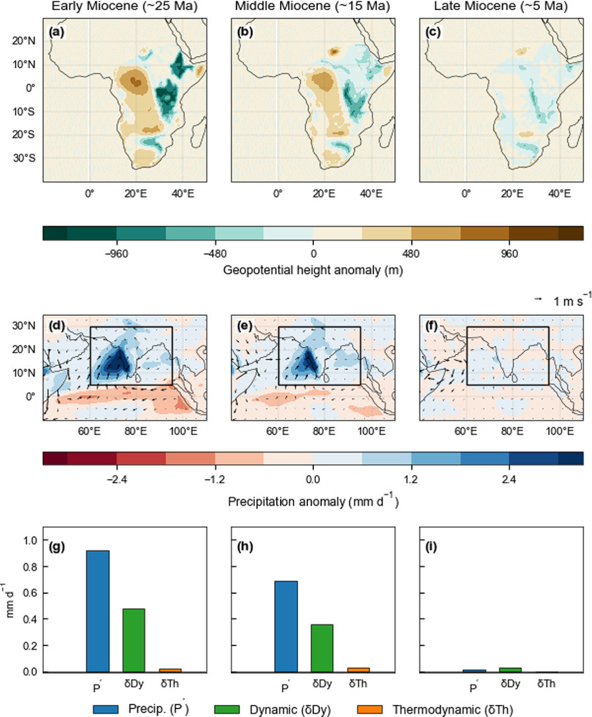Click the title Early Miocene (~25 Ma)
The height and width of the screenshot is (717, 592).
124,7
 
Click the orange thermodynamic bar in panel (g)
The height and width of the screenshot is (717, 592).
169,670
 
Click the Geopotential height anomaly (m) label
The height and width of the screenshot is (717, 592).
313,270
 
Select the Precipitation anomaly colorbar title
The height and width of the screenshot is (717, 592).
313,502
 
